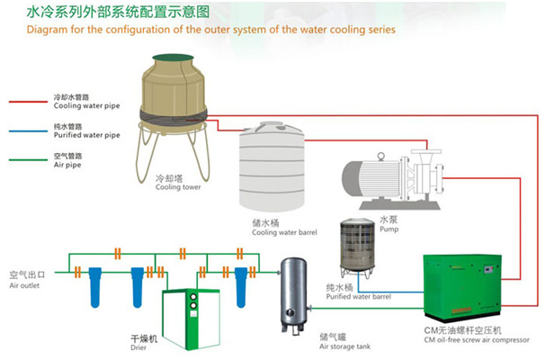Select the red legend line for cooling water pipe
pos(27,101)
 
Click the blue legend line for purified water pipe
pos(27,131)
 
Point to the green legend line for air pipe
pos(27,161)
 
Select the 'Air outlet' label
pos(25,285)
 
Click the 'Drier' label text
pos(143,346)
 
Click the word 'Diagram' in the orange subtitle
pos(46,30)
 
